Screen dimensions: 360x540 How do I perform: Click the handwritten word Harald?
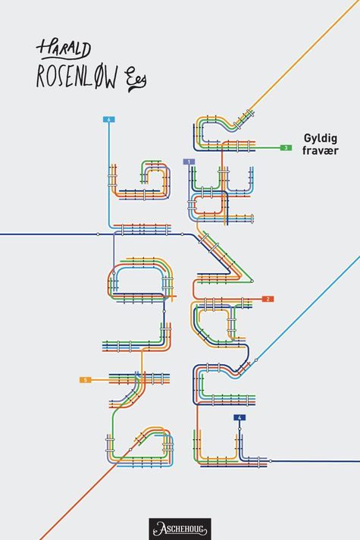pyautogui.click(x=64, y=49)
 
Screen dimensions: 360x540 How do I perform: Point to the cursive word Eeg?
pyautogui.click(x=137, y=80)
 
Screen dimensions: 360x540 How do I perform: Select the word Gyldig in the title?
pyautogui.click(x=320, y=139)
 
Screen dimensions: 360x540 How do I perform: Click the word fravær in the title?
pyautogui.click(x=321, y=150)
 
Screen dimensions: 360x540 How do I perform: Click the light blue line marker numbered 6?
pyautogui.click(x=108, y=120)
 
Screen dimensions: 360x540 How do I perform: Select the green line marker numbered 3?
pyautogui.click(x=286, y=148)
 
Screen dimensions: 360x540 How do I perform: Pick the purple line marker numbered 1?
pyautogui.click(x=189, y=162)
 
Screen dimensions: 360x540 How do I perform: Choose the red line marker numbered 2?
pyautogui.click(x=268, y=299)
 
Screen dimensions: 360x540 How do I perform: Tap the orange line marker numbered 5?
pyautogui.click(x=86, y=380)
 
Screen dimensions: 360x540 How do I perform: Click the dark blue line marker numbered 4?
pyautogui.click(x=239, y=418)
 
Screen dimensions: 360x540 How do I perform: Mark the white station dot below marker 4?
pyautogui.click(x=239, y=429)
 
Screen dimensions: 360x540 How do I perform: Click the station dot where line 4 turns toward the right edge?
pyautogui.click(x=270, y=461)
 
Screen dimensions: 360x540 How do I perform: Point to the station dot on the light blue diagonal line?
pyautogui.click(x=256, y=360)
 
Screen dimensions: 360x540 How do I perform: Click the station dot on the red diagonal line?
pyautogui.click(x=130, y=450)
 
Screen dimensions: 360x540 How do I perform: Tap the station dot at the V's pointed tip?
pyautogui.click(x=252, y=281)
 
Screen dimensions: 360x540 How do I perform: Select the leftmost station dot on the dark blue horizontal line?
pyautogui.click(x=98, y=234)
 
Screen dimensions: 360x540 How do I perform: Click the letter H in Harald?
pyautogui.click(x=43, y=49)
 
